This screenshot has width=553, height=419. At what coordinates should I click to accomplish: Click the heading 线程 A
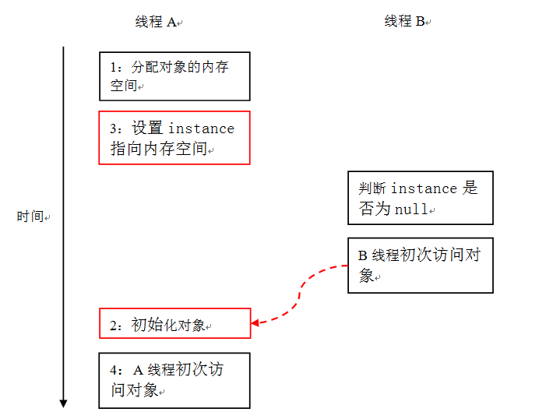156,22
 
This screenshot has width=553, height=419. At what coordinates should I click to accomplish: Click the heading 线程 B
404,21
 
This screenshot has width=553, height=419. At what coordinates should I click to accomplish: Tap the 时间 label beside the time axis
30,217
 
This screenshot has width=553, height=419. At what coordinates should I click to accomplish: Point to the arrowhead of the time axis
64,403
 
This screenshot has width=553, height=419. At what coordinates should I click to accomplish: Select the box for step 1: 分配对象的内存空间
174,76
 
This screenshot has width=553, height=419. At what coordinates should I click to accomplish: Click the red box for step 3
174,138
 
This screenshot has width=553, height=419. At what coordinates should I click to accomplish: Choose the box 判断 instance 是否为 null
421,198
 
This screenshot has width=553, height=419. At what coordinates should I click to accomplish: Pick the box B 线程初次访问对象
421,266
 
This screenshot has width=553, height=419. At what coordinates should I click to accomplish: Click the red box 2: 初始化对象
175,323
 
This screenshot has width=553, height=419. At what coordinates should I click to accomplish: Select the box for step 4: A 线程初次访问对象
174,381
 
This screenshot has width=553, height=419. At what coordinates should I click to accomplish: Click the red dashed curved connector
300,293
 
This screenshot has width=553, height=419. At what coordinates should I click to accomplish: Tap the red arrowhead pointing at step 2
255,322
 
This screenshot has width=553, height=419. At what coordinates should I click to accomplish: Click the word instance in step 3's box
201,129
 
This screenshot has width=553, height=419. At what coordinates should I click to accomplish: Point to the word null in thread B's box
411,209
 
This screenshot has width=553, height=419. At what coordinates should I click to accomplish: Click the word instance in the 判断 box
424,188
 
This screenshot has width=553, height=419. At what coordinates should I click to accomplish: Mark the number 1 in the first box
113,67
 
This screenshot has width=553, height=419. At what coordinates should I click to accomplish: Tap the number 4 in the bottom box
114,370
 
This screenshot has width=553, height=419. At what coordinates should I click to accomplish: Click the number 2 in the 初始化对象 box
114,326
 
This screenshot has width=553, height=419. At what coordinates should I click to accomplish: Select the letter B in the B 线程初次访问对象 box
362,255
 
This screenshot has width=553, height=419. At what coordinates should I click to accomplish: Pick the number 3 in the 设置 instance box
114,129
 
